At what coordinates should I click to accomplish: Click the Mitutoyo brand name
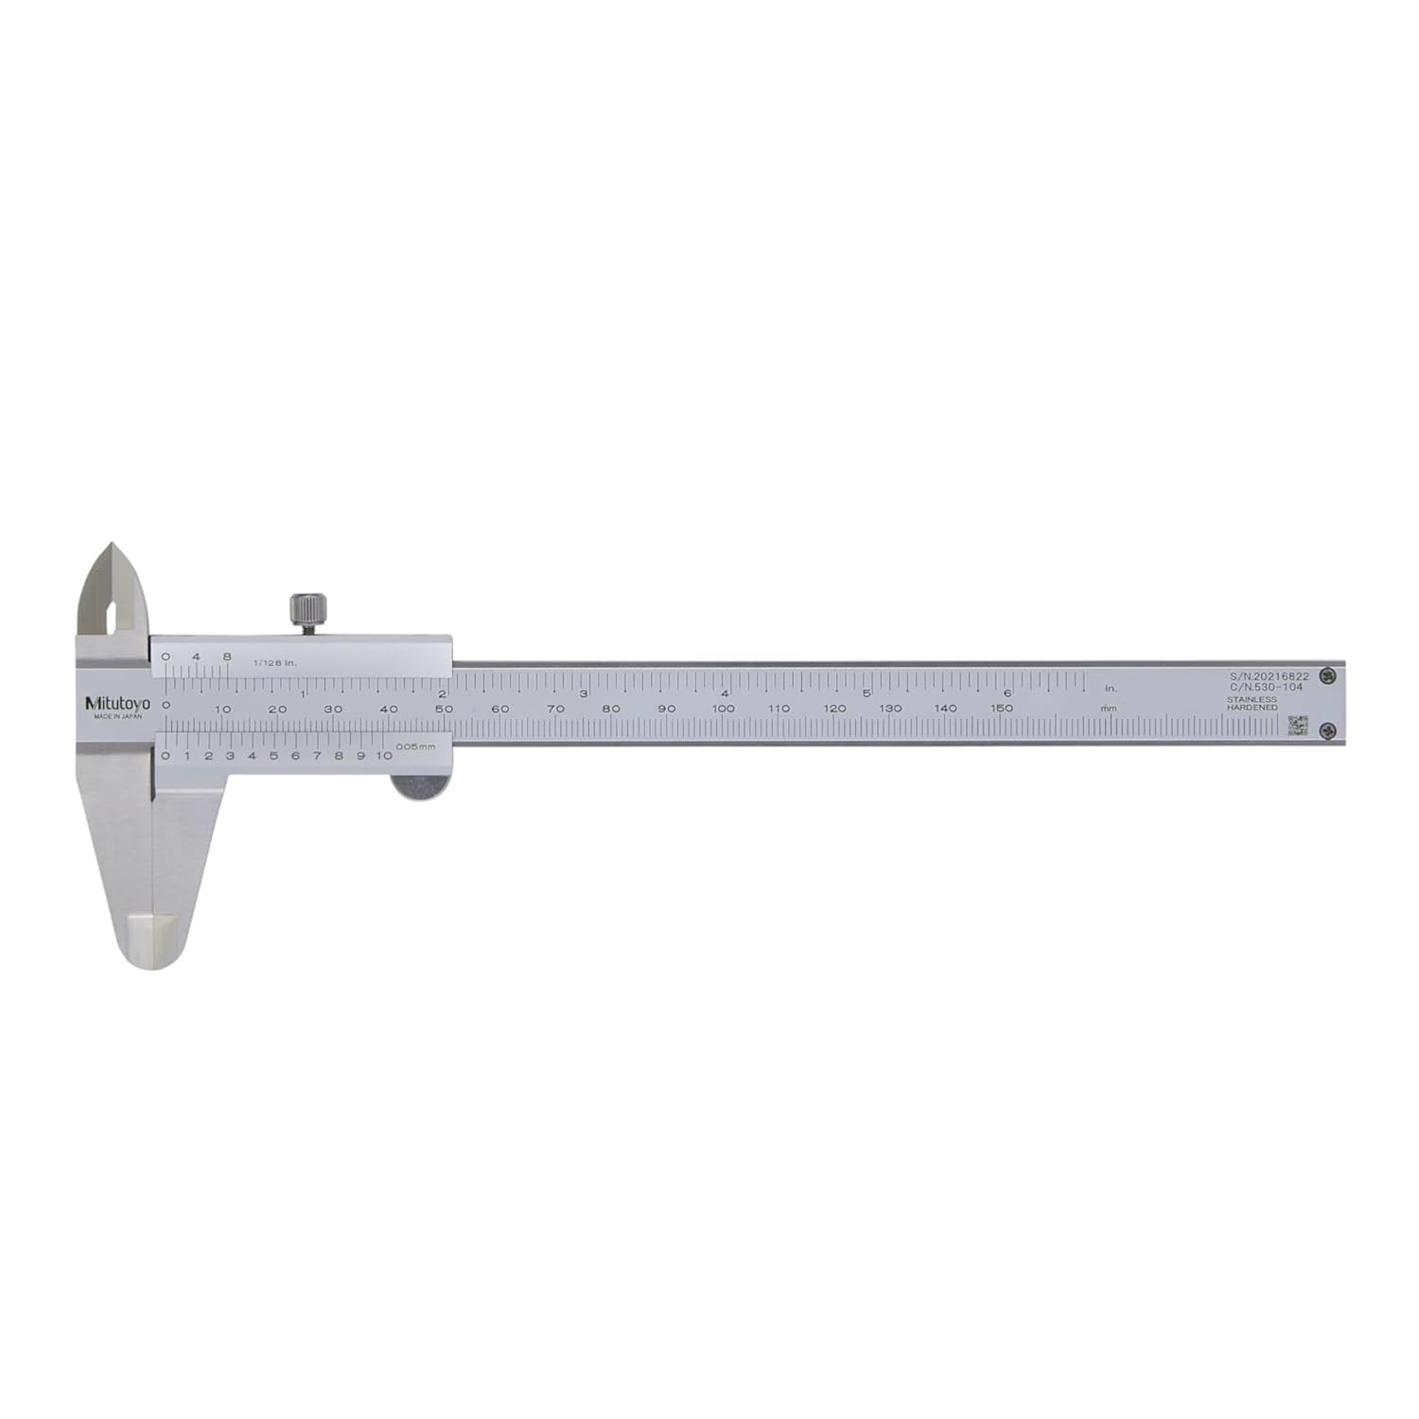pos(117,703)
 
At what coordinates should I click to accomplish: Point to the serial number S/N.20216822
pos(1269,676)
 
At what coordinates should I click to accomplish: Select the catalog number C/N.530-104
pos(1266,688)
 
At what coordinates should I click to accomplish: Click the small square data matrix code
pos(1298,726)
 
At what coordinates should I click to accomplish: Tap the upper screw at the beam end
pos(1329,675)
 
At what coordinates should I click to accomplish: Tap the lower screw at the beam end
pos(1329,729)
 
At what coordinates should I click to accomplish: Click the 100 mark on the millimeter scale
pos(724,709)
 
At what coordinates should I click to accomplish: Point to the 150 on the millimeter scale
pos(1002,709)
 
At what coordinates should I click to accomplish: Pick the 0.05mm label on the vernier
pos(415,747)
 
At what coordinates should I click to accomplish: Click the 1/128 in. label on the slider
pos(275,662)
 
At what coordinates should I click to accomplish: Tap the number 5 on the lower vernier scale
pos(273,756)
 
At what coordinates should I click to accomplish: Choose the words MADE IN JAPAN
pos(117,717)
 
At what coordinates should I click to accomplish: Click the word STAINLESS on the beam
pos(1252,699)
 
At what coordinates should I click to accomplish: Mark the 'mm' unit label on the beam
pos(1109,709)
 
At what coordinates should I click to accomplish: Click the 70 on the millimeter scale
pos(556,709)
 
